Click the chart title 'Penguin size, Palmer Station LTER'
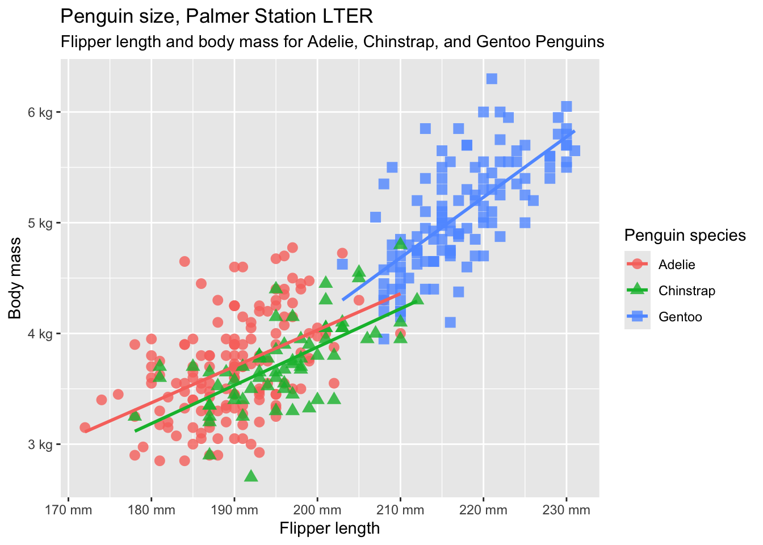216,16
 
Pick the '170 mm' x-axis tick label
68,510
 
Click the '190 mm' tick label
234,510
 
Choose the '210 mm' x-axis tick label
400,510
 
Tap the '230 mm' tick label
566,510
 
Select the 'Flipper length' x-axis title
329,529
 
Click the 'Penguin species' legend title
685,235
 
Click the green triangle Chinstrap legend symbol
638,290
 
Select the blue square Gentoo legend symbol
638,317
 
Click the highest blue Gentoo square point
492,79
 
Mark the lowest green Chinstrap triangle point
251,476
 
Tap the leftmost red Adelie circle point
85,427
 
